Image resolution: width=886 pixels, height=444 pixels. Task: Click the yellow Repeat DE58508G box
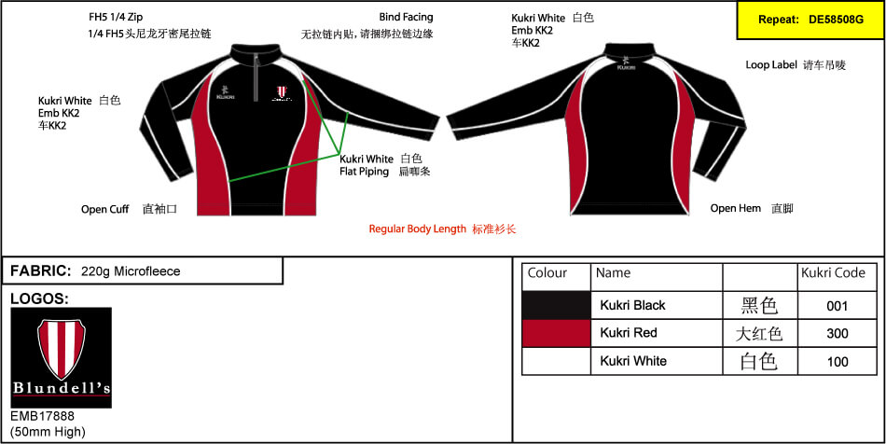(x=810, y=20)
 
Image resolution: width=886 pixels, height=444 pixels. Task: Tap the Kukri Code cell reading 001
(x=838, y=306)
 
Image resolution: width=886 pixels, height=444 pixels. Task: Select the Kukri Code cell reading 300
(x=838, y=333)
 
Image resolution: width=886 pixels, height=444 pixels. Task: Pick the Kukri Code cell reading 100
(x=838, y=361)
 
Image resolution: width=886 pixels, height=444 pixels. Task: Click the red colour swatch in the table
(x=557, y=333)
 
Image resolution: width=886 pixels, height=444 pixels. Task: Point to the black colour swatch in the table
(x=557, y=306)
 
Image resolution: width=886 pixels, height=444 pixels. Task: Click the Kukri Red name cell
(x=657, y=333)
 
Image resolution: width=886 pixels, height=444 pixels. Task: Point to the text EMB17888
(x=42, y=416)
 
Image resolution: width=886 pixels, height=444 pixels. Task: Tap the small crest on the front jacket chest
(x=282, y=91)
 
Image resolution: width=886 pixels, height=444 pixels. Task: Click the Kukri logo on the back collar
(x=626, y=62)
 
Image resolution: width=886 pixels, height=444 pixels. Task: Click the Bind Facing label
(x=407, y=17)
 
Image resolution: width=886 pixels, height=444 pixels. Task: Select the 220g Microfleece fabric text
(x=131, y=271)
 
